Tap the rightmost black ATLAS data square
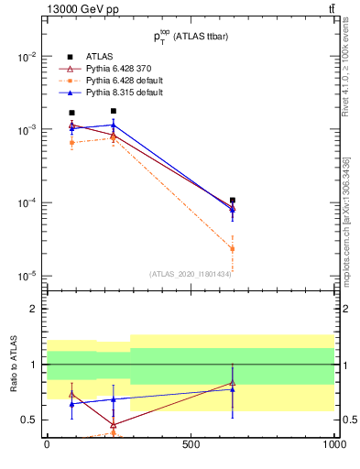click(x=233, y=200)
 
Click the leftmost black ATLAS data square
click(x=72, y=113)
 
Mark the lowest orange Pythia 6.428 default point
click(x=233, y=248)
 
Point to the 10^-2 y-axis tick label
click(x=27, y=57)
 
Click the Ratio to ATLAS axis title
click(x=12, y=365)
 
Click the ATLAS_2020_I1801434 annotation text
click(x=191, y=274)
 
